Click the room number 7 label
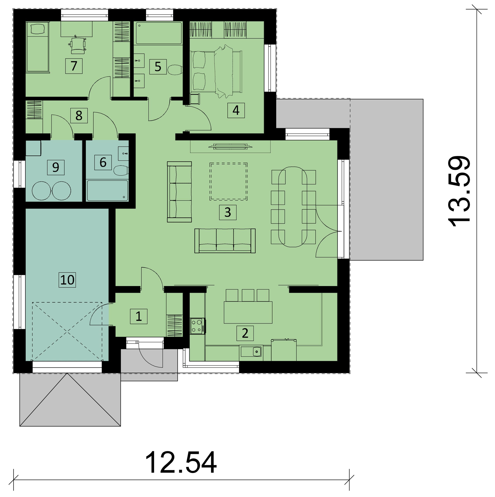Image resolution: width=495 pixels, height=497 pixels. coord(74,66)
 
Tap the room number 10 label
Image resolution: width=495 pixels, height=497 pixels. coord(67,280)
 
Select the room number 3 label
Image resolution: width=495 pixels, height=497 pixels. coord(228,213)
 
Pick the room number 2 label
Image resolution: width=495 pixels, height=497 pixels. coord(245,333)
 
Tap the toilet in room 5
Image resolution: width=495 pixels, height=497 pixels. coord(175,69)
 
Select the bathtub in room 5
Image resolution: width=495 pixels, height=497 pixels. coord(159,33)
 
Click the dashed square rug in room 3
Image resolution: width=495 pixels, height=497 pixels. coord(229,182)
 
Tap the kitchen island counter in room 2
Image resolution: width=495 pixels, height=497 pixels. coord(248,313)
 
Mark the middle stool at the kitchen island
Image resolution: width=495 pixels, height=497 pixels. coord(248,295)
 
